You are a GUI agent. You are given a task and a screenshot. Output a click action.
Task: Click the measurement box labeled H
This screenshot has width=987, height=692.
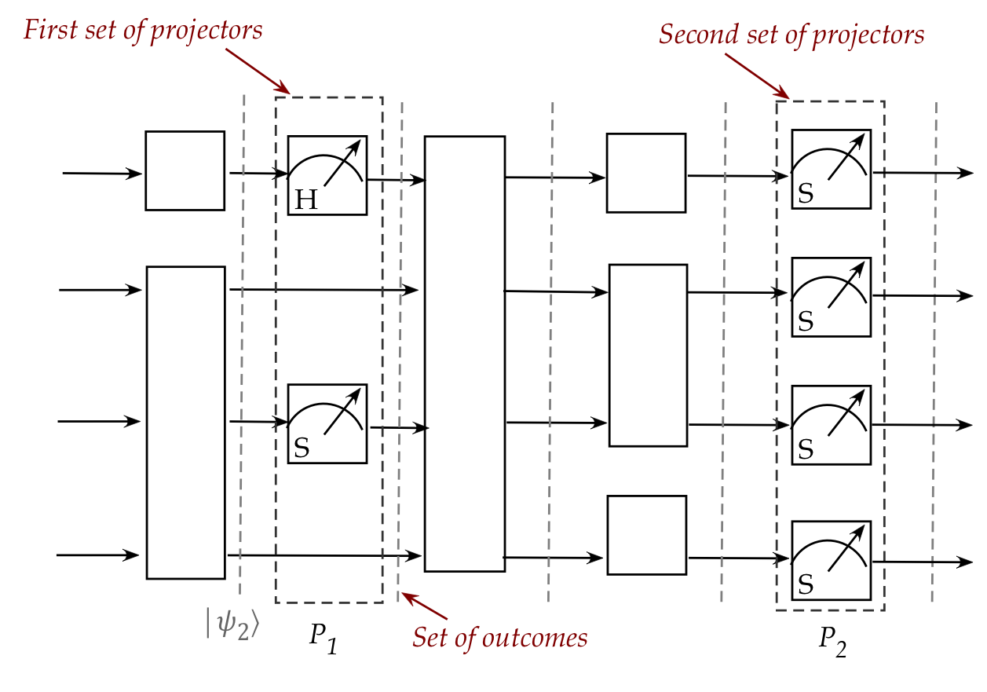(327, 174)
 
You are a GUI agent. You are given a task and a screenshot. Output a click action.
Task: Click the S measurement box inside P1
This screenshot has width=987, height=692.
(327, 423)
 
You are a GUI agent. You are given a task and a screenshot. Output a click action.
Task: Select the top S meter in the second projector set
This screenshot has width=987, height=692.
(831, 169)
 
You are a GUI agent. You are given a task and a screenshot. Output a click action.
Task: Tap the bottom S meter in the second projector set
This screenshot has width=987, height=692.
(831, 560)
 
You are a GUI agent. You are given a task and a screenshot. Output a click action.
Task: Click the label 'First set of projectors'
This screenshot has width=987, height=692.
(142, 30)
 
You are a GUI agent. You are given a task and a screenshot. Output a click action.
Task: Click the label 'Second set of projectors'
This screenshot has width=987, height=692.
(791, 35)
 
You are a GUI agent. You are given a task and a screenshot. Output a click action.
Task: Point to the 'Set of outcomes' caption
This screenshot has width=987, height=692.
(500, 637)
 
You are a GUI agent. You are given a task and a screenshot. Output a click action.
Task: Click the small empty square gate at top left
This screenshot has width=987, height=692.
(185, 170)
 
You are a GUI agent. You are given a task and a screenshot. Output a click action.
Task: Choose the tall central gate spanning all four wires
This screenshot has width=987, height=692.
(464, 353)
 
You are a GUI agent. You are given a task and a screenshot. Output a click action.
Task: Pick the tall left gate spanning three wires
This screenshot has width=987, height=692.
(185, 423)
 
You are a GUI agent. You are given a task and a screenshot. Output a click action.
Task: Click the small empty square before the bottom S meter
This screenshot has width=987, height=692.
(646, 535)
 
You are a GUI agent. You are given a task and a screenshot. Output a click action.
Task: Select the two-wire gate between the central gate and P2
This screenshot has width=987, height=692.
(648, 355)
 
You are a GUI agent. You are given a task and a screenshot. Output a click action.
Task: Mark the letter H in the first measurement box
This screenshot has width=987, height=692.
(305, 200)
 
